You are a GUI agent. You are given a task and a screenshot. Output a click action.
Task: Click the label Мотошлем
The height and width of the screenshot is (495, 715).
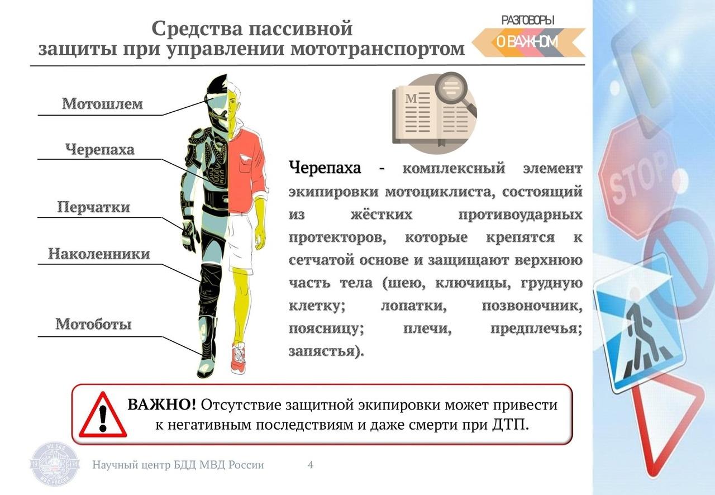click(x=102, y=103)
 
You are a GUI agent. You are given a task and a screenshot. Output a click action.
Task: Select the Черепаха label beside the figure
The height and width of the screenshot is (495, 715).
click(x=100, y=150)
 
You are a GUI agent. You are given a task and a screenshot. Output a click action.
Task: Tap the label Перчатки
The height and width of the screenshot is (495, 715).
click(x=93, y=207)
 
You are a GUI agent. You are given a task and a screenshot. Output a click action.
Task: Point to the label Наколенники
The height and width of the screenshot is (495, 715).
click(x=99, y=254)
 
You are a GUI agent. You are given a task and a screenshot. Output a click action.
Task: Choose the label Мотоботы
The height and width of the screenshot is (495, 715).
click(x=93, y=324)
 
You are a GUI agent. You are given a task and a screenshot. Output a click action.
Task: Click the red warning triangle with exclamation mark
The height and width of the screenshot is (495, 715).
click(x=103, y=415)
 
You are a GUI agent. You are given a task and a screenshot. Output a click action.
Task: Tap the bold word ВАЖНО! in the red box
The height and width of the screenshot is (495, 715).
click(x=162, y=404)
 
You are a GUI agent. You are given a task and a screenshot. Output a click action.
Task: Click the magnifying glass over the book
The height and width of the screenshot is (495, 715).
click(x=453, y=91)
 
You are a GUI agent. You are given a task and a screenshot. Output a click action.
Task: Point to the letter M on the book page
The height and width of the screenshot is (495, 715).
click(x=411, y=98)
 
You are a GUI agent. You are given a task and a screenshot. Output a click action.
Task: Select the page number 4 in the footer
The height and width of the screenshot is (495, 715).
click(x=310, y=465)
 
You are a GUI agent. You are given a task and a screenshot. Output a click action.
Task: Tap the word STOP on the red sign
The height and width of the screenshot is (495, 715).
click(x=638, y=178)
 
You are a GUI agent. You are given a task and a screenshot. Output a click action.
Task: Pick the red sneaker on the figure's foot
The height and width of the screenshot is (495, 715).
click(x=239, y=358)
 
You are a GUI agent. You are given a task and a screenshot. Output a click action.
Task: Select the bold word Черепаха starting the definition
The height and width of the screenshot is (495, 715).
click(x=325, y=168)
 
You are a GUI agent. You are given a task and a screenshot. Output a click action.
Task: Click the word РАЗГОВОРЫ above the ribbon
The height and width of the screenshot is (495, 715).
click(x=528, y=21)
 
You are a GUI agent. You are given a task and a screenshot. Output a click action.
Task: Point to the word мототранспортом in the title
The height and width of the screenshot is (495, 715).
click(x=378, y=49)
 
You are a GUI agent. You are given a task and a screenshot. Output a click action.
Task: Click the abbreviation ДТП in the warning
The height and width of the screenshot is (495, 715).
click(x=511, y=425)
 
